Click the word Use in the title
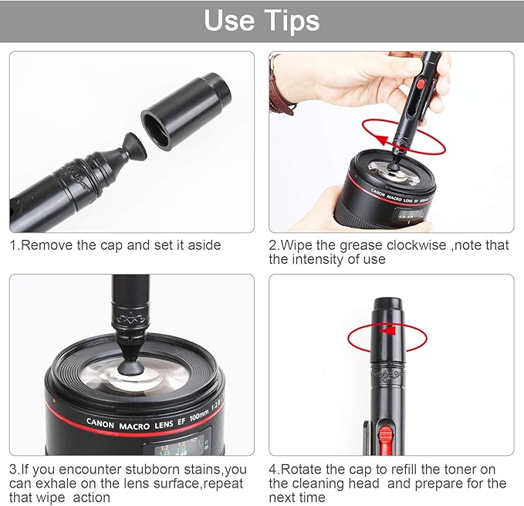click(230, 21)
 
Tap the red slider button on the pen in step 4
click(382, 439)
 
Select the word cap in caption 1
click(113, 245)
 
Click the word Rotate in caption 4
click(303, 469)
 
